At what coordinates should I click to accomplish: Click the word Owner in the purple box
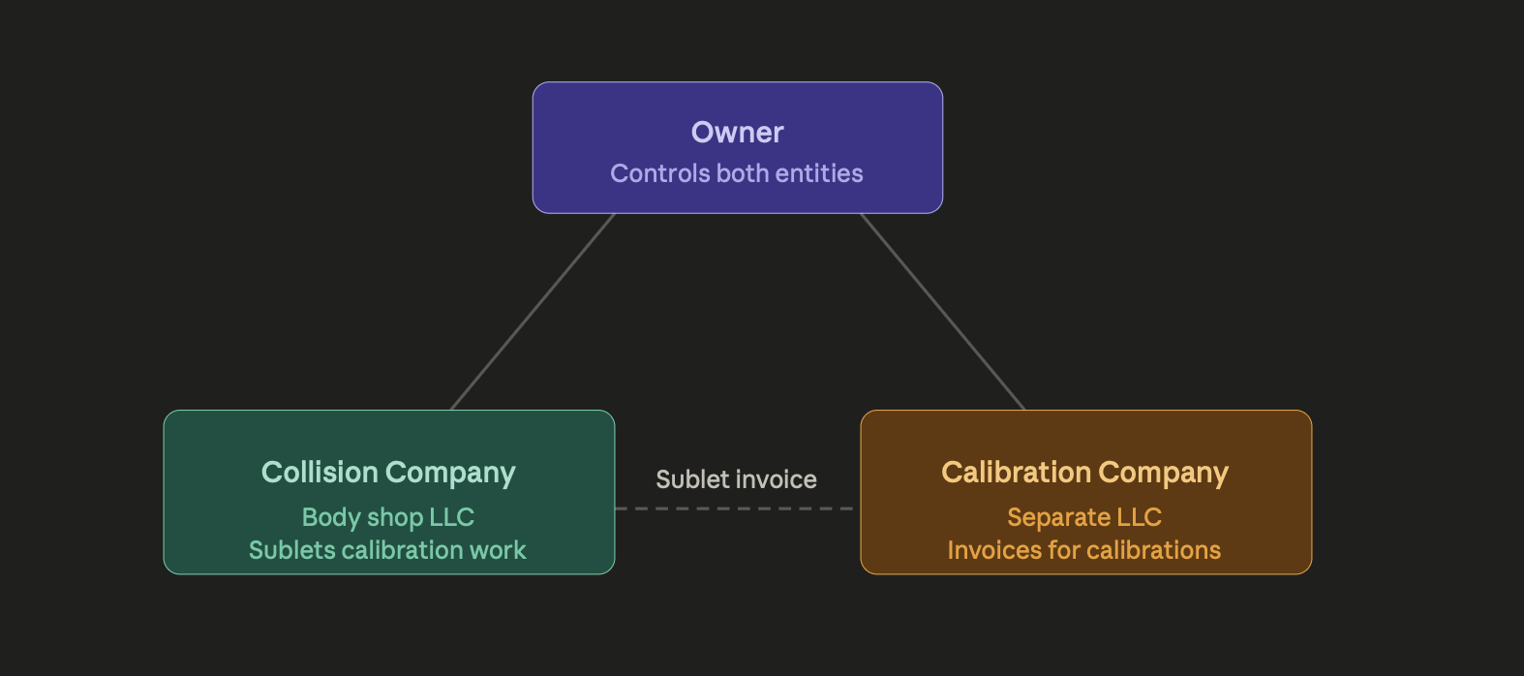737,133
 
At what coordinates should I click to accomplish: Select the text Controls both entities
736,173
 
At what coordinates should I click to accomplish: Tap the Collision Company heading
388,473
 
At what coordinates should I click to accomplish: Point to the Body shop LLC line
388,517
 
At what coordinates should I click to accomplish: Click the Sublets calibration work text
387,550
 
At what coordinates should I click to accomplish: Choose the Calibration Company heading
1084,473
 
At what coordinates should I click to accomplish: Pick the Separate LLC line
1084,517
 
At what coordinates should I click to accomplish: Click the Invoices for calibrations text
1084,550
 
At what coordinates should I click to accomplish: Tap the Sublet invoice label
736,479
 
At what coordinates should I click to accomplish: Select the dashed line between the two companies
736,508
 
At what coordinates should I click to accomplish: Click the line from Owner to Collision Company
533,312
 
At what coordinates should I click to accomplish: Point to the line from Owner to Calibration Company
942,312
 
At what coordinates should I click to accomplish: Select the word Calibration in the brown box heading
1017,473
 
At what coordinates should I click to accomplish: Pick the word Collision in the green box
320,473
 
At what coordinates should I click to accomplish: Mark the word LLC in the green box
451,517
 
